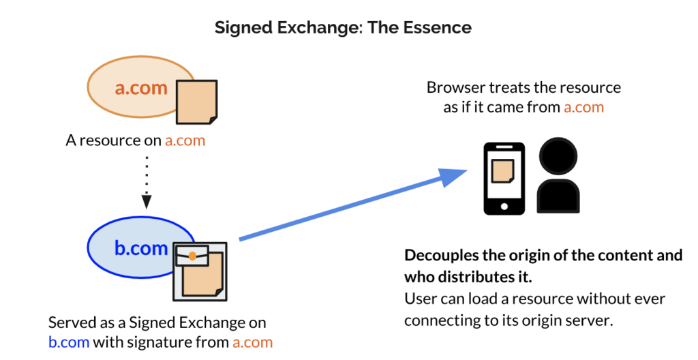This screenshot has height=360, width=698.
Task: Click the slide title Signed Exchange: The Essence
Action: coord(343,28)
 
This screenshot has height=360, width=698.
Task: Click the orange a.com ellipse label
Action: coord(141,88)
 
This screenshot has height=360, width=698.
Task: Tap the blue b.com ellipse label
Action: coord(140,247)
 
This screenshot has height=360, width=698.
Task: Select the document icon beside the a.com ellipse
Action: coord(197,102)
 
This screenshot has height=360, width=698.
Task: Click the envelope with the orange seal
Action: coord(192,256)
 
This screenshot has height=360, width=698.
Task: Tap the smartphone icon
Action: coord(504,179)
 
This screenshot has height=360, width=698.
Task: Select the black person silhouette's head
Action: coord(558,156)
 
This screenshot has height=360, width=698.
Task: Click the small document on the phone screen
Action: coord(503,172)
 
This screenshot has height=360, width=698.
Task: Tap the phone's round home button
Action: coord(504,207)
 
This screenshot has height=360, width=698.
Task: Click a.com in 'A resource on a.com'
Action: coord(185,140)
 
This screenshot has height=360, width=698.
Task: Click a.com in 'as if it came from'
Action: coord(583,107)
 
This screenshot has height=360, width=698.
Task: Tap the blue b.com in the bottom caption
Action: coord(69,342)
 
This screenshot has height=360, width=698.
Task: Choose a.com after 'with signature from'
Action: coord(252,342)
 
